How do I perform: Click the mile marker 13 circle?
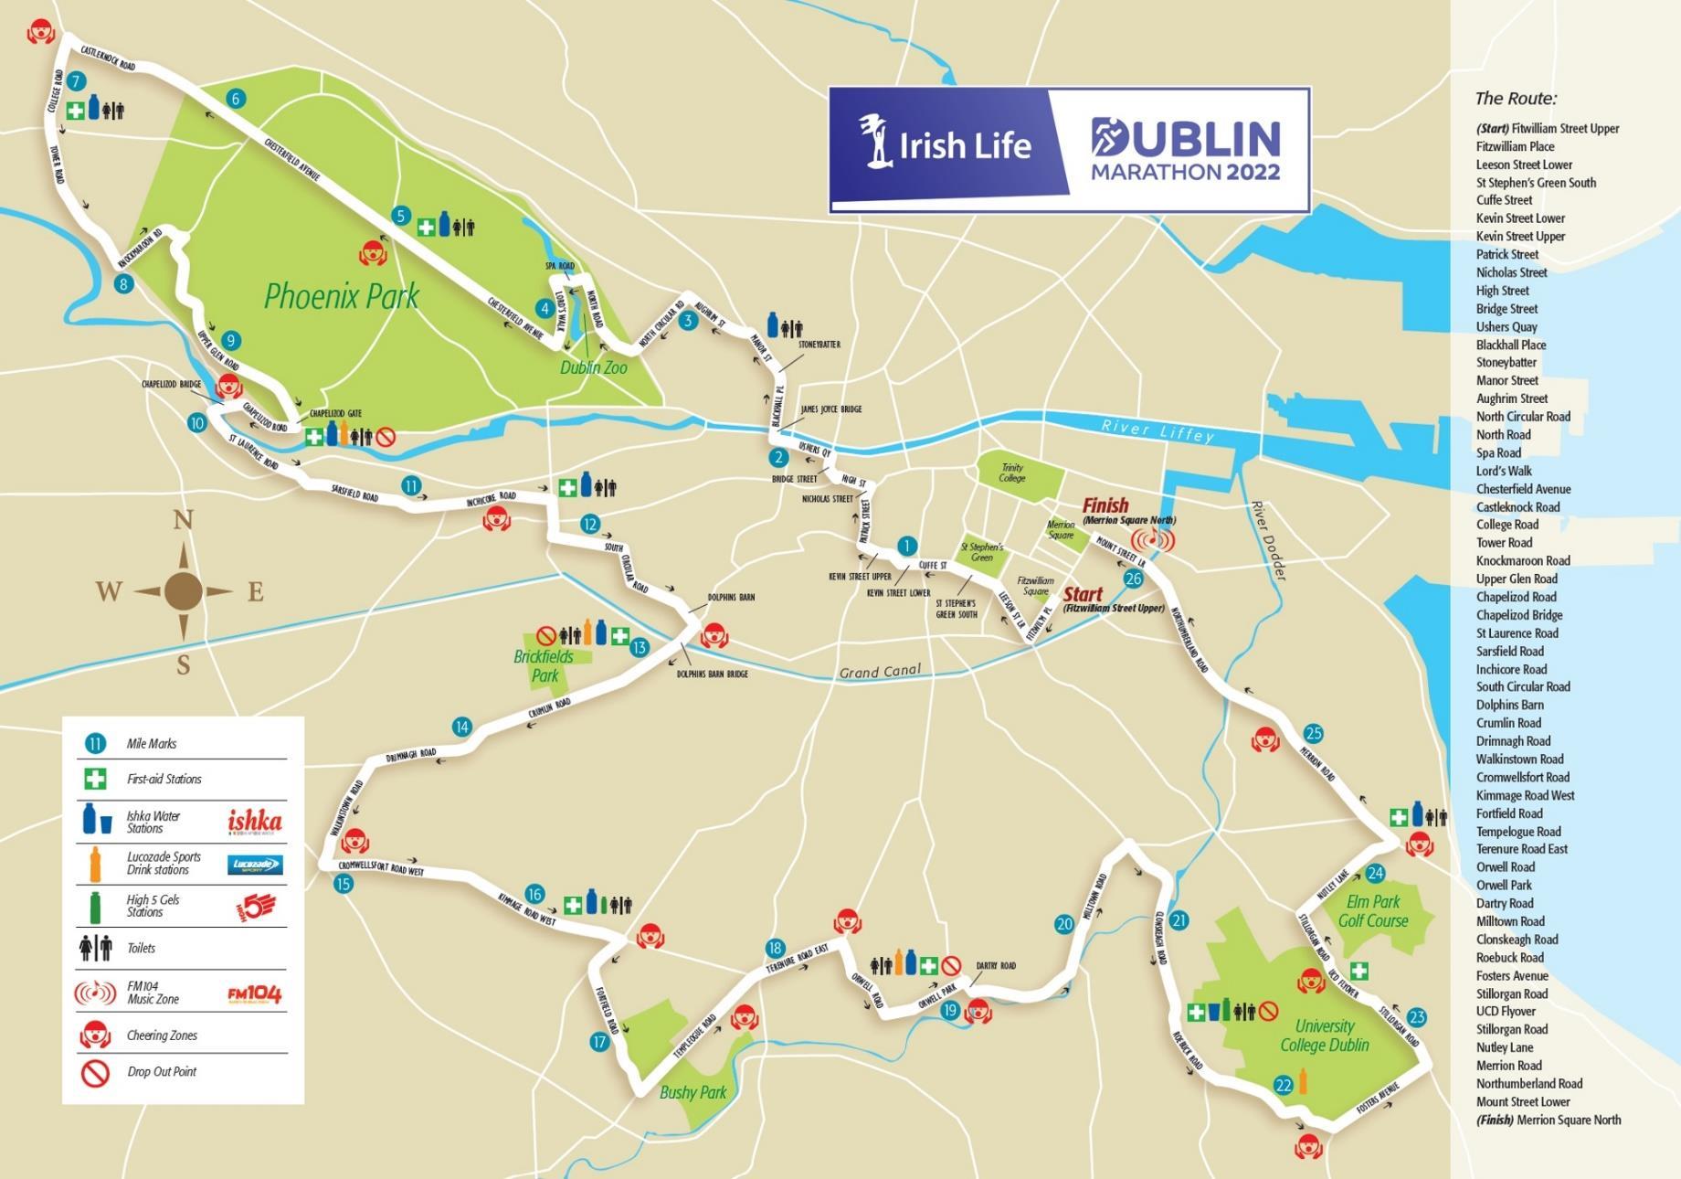[x=639, y=648]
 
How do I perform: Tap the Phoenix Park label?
[x=341, y=296]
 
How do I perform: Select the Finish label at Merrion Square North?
[x=1105, y=505]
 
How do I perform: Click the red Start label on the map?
[x=1083, y=594]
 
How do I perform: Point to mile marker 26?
[x=1134, y=579]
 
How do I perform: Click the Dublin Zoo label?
[x=594, y=367]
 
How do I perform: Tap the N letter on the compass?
[x=183, y=521]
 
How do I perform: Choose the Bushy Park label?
[x=692, y=1092]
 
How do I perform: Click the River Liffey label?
[x=1158, y=431]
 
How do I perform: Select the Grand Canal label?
[x=879, y=673]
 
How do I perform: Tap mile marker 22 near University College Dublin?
[x=1284, y=1085]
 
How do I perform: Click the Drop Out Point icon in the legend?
[x=95, y=1072]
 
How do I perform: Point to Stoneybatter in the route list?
[x=1506, y=362]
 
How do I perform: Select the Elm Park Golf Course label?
[x=1372, y=911]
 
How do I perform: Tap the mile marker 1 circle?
[x=906, y=547]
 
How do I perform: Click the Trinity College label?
[x=1012, y=473]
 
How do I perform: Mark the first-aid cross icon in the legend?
[x=95, y=780]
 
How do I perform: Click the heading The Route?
[x=1516, y=99]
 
